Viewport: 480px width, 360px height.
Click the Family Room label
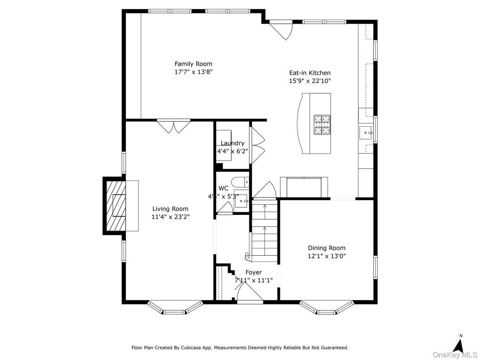pos(193,64)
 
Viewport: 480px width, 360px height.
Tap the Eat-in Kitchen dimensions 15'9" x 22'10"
pos(309,81)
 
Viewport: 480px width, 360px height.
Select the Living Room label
pos(170,209)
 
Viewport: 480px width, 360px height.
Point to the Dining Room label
pos(326,248)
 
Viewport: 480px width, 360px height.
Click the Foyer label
pos(253,272)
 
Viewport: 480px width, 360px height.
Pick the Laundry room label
pos(232,143)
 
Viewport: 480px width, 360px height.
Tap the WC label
pos(223,189)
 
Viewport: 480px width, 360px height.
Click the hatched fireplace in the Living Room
pos(116,206)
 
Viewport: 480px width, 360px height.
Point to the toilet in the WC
pos(242,183)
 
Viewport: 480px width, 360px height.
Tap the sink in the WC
pos(242,201)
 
